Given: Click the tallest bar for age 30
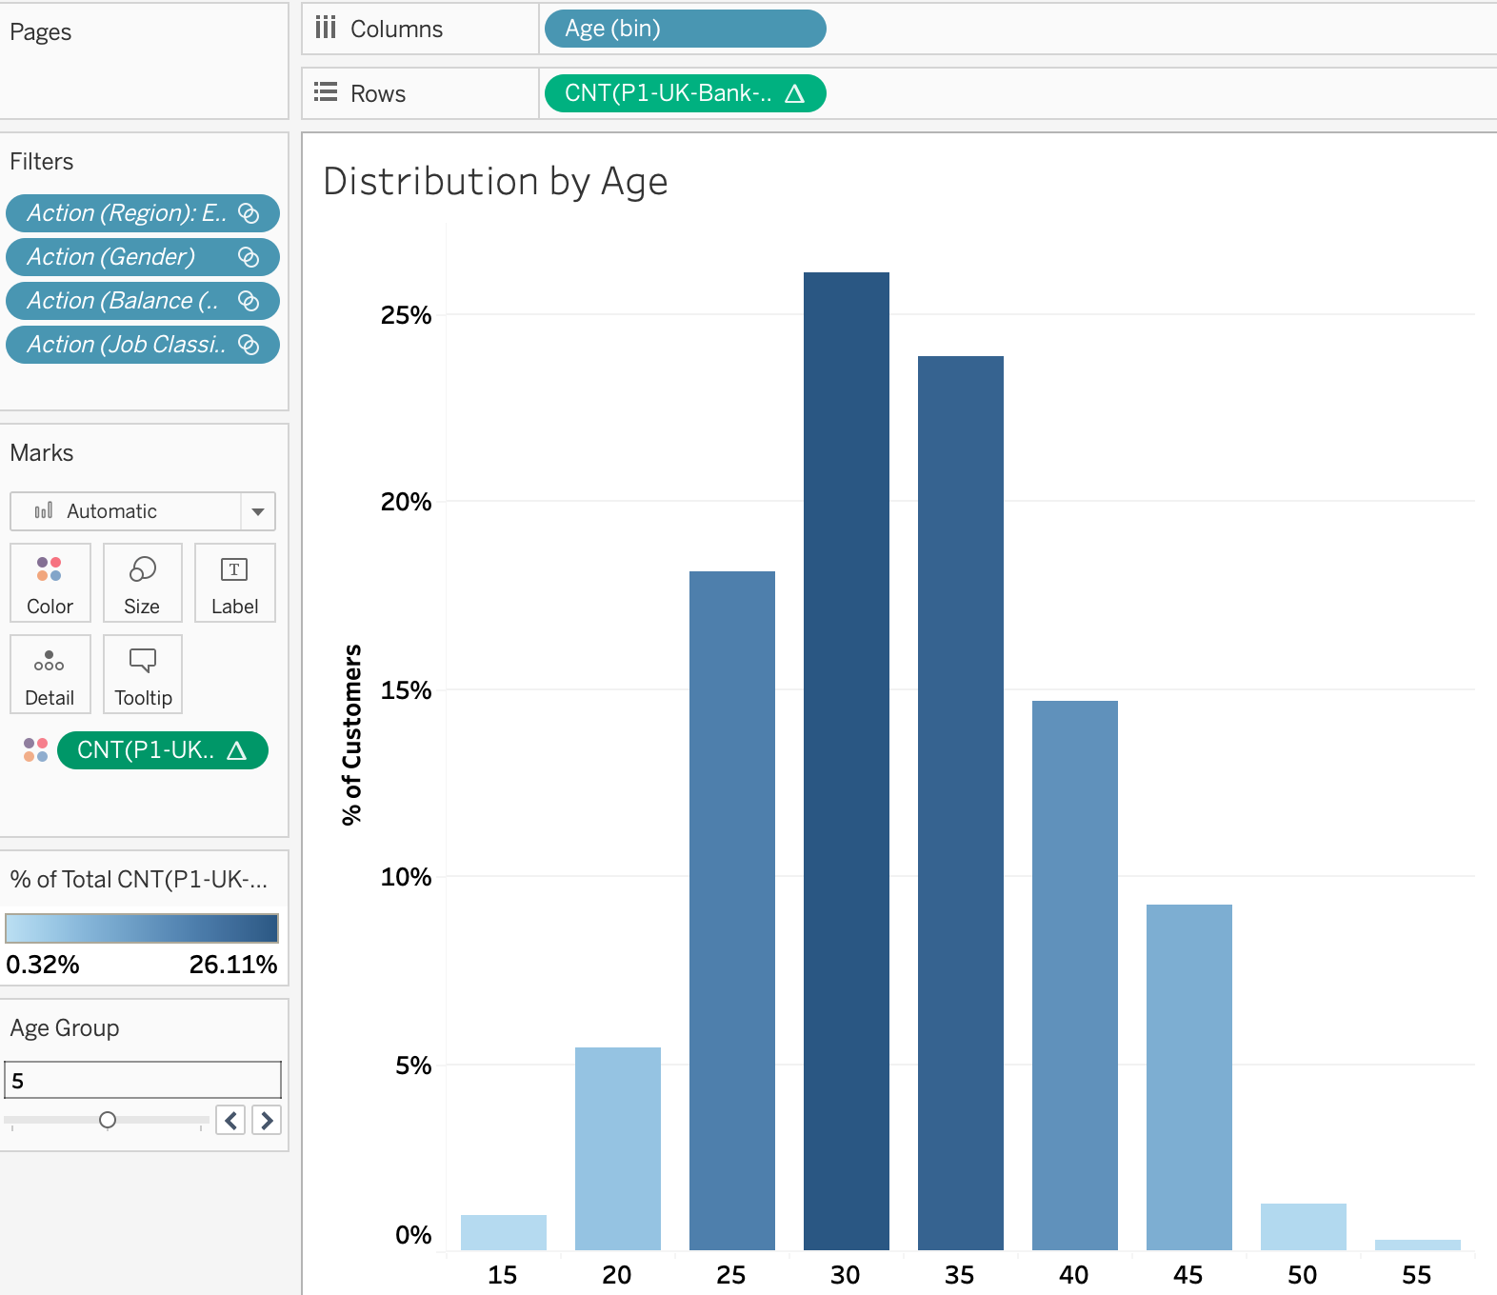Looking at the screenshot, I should (x=846, y=762).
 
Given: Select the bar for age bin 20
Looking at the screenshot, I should (x=617, y=1147).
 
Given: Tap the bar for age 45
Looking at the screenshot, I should (x=1188, y=1076).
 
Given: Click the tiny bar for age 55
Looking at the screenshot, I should (x=1417, y=1245).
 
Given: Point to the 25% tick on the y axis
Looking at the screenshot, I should (x=406, y=315).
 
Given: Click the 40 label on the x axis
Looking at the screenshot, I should (x=1073, y=1274).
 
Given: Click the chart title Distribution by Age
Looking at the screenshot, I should (x=495, y=181).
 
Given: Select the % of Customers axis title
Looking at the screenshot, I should (x=352, y=734).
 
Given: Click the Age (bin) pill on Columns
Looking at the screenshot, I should (x=684, y=29).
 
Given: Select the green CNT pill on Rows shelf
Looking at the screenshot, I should (x=684, y=93).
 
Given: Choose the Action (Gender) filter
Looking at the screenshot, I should (x=142, y=257).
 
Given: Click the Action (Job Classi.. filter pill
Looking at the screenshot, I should (x=142, y=345).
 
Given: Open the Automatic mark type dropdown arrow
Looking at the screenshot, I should (x=257, y=511).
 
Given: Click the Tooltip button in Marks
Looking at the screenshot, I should (x=143, y=674).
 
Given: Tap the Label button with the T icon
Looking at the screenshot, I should (x=234, y=583).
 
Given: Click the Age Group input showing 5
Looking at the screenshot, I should (x=143, y=1080).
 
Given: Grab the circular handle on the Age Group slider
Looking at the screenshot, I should (x=108, y=1120).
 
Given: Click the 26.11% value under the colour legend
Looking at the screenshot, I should (x=232, y=965).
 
